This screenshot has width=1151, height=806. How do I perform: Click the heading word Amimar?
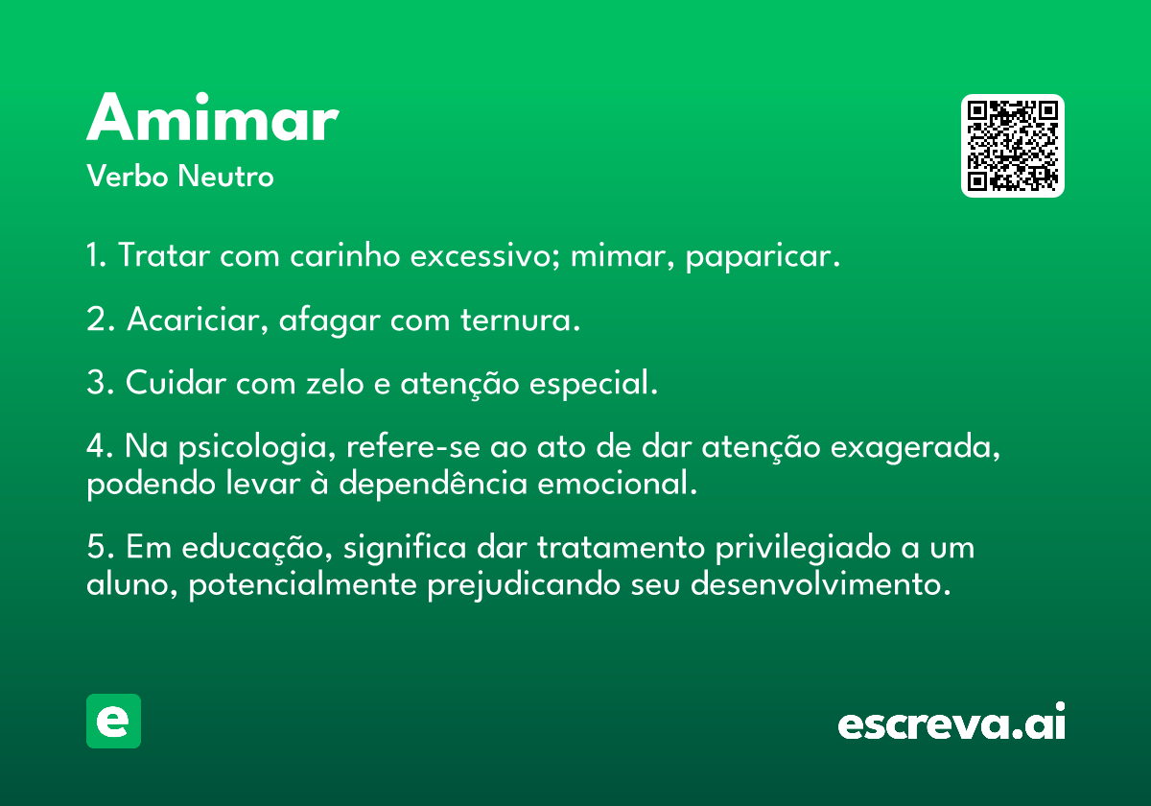pos(213,117)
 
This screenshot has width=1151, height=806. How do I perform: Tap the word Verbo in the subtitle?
pos(128,176)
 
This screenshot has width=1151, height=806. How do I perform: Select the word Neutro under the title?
pos(225,176)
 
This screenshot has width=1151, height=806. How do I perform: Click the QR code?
pos(1012,146)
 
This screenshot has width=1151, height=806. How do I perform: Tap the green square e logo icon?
pos(113,721)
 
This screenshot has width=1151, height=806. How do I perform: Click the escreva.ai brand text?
pos(951,722)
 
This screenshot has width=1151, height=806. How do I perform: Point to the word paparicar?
pos(763,256)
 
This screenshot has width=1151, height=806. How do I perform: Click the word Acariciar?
pos(198,320)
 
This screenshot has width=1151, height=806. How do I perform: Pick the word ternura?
pos(520,320)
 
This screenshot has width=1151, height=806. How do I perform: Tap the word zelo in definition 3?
pos(335,383)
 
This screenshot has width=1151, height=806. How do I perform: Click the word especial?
pos(594,384)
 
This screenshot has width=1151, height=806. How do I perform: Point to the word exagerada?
pos(915,448)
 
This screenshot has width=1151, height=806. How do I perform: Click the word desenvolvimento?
pos(821,584)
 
